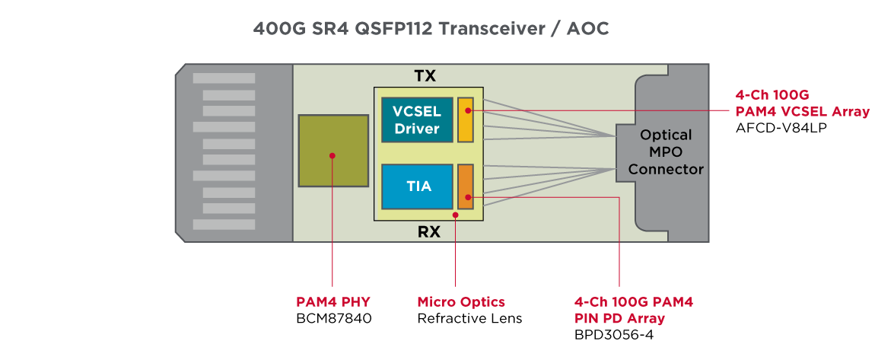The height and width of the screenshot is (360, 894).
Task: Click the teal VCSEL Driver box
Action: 416,120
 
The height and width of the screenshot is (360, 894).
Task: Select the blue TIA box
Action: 416,186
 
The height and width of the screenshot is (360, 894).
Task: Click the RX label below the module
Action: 429,232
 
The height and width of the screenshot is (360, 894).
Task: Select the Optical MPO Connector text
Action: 665,152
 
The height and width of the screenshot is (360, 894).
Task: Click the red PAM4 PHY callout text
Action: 333,302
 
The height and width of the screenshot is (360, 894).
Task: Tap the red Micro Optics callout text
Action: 461,302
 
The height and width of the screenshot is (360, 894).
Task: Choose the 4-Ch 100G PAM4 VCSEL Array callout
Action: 802,104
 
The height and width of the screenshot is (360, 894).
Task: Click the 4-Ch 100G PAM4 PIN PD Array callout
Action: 634,310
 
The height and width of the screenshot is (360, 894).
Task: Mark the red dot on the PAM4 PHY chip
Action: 332,155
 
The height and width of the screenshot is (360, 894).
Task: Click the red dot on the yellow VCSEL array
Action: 468,111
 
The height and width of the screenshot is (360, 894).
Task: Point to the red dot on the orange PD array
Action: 468,198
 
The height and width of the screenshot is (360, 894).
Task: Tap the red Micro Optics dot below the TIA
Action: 455,215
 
